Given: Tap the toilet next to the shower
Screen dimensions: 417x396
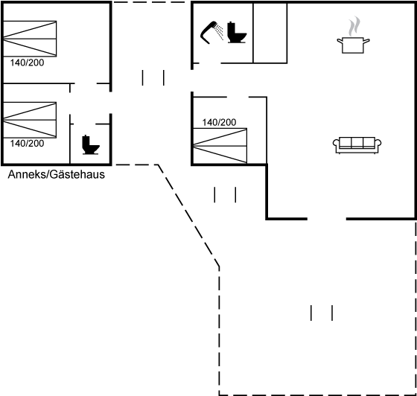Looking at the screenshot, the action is pyautogui.click(x=237, y=33).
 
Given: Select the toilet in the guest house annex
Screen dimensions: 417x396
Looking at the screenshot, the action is pyautogui.click(x=90, y=145).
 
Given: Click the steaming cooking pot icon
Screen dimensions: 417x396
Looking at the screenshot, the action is pyautogui.click(x=353, y=45).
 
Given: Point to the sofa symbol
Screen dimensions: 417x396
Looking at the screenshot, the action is pyautogui.click(x=357, y=145).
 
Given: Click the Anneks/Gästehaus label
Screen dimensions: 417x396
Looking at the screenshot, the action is pyautogui.click(x=57, y=175).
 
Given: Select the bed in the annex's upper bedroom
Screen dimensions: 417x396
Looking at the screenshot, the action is pyautogui.click(x=30, y=39).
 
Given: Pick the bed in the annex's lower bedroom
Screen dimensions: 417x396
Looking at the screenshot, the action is pyautogui.click(x=30, y=120).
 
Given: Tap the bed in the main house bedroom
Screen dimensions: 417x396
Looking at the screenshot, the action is pyautogui.click(x=220, y=146).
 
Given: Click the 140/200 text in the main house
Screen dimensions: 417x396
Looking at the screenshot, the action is pyautogui.click(x=219, y=122).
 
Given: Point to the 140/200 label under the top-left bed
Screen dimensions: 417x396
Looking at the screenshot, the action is pyautogui.click(x=27, y=63).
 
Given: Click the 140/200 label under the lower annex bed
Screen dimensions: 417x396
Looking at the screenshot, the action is pyautogui.click(x=27, y=144).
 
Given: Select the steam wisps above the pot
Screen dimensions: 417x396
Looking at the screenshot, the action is pyautogui.click(x=354, y=26).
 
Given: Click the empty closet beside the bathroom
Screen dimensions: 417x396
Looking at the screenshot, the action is pyautogui.click(x=270, y=33).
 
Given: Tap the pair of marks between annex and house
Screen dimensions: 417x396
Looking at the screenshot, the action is pyautogui.click(x=153, y=78).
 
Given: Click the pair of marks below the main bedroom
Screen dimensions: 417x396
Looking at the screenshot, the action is pyautogui.click(x=225, y=195).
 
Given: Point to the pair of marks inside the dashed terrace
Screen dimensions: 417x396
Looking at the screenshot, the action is pyautogui.click(x=322, y=313).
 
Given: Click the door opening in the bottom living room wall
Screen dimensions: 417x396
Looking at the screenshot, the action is pyautogui.click(x=327, y=219).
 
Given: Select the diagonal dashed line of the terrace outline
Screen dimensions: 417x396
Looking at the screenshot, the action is pyautogui.click(x=188, y=215).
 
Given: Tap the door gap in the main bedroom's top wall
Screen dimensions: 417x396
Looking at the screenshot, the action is pyautogui.click(x=238, y=98).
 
